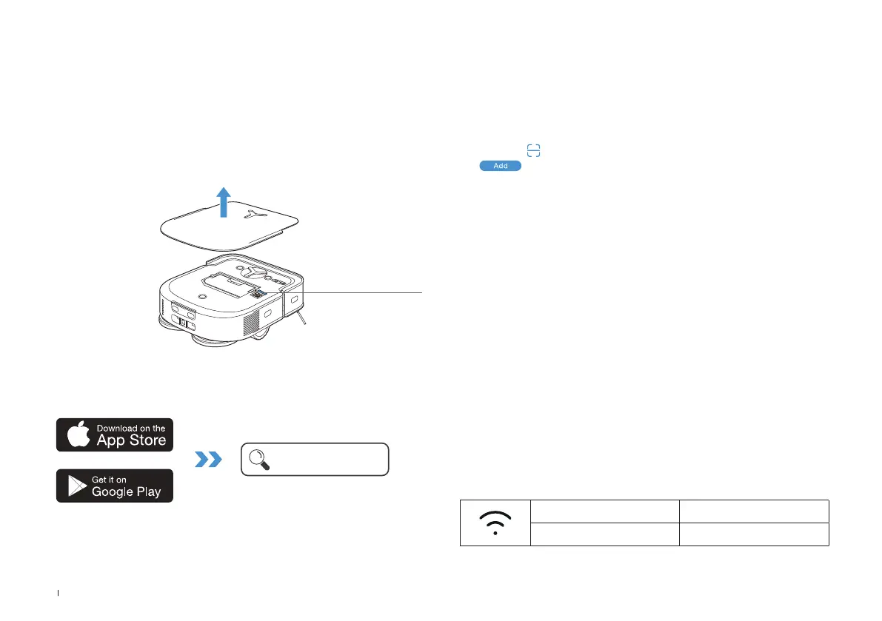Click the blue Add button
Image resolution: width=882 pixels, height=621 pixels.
click(x=501, y=166)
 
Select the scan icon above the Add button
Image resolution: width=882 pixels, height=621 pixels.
click(x=533, y=150)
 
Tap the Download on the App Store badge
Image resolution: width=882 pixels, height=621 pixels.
click(x=115, y=434)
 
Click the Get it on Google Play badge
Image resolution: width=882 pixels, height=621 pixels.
click(x=115, y=486)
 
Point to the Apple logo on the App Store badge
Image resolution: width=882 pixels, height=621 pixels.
click(x=78, y=435)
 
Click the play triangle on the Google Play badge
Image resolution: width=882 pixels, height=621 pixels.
click(x=77, y=486)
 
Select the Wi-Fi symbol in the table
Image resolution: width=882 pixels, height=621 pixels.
click(x=495, y=523)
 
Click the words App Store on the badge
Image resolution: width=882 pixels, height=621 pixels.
click(x=131, y=440)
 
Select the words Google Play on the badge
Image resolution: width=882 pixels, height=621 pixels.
click(x=127, y=491)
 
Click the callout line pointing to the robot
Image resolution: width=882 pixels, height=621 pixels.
click(x=363, y=293)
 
